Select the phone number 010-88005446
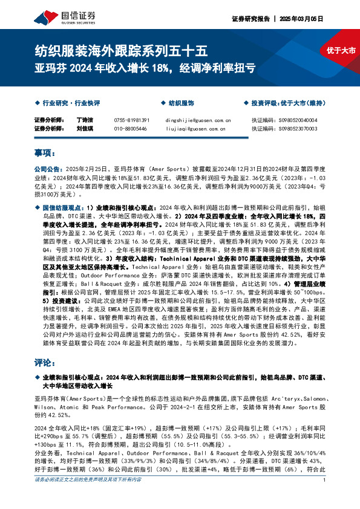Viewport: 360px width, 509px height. click(x=130, y=129)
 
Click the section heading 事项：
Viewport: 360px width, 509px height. click(x=44, y=153)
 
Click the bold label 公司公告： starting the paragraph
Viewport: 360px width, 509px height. click(x=47, y=170)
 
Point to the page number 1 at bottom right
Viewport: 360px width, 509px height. click(x=325, y=497)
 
